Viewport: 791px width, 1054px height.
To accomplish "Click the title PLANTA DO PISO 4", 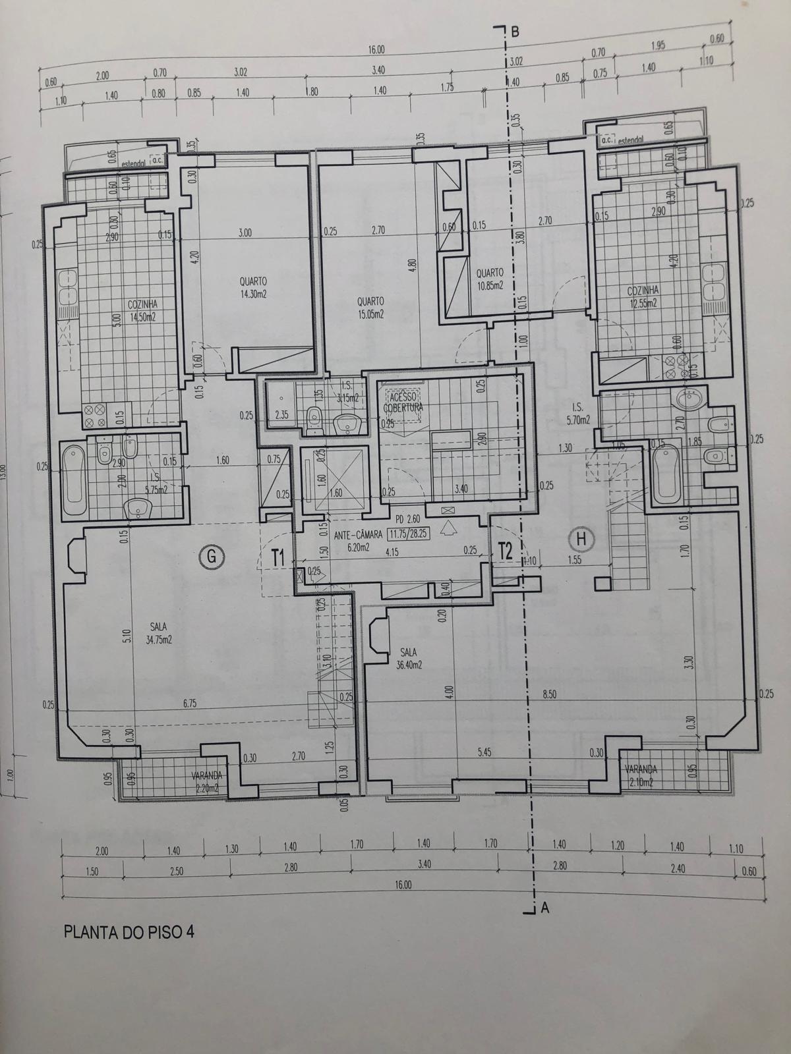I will [x=129, y=932].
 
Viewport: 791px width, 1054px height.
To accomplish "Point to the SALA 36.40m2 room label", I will [x=409, y=658].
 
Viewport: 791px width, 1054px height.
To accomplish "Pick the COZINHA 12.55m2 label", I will [x=643, y=296].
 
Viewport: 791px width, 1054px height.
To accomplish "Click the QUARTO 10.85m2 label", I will [x=489, y=278].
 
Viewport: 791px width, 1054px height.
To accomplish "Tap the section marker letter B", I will [x=515, y=30].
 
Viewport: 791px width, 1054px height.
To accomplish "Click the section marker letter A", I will [x=544, y=908].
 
